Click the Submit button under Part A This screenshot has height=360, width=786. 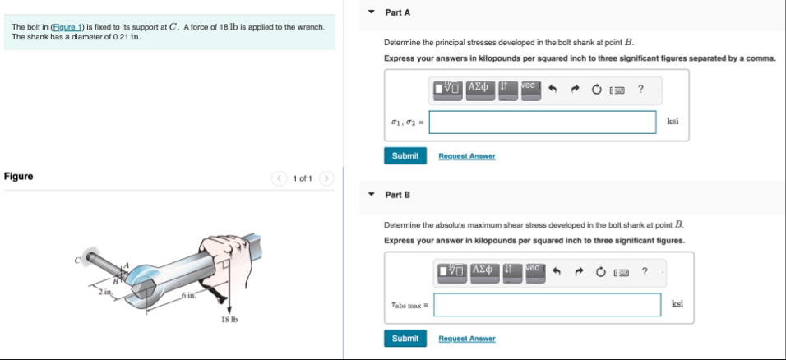click(405, 156)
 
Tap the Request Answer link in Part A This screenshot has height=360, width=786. click(467, 156)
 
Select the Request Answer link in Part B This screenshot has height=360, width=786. click(467, 339)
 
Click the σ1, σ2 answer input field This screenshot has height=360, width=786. click(543, 122)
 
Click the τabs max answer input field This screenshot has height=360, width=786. click(548, 305)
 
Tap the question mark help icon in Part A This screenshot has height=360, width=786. click(640, 89)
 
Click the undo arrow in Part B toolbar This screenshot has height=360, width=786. click(558, 271)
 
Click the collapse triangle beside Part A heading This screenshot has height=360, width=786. click(371, 13)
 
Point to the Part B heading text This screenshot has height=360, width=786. click(397, 195)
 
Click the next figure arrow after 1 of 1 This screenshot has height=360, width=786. click(326, 178)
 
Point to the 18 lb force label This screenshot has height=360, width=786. click(229, 319)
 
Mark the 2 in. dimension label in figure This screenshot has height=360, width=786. click(103, 292)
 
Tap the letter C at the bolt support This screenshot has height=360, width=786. click(81, 261)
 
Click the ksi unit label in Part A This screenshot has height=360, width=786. click(673, 122)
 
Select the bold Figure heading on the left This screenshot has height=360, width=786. click(18, 176)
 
